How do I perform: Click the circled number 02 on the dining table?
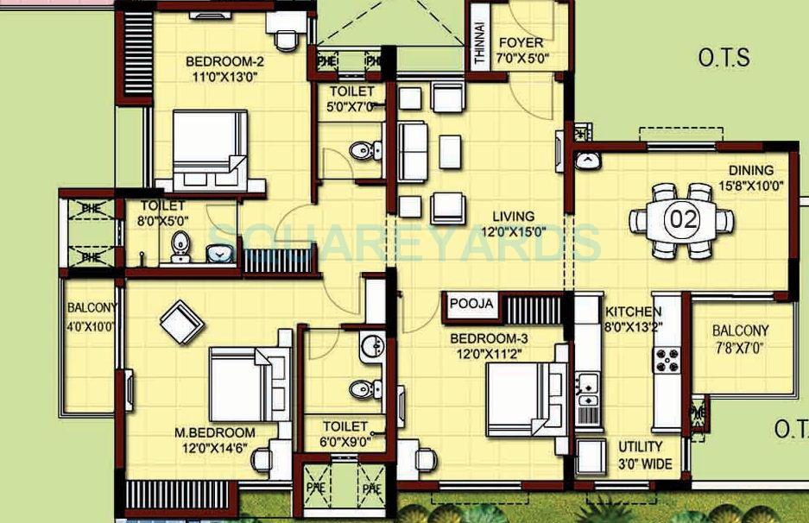(681, 219)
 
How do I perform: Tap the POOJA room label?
(471, 304)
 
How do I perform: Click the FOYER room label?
(522, 42)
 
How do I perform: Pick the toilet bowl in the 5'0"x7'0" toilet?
(364, 151)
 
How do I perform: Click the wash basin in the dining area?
(587, 161)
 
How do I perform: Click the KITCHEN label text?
(633, 312)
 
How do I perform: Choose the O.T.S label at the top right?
(724, 59)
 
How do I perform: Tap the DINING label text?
(750, 170)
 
